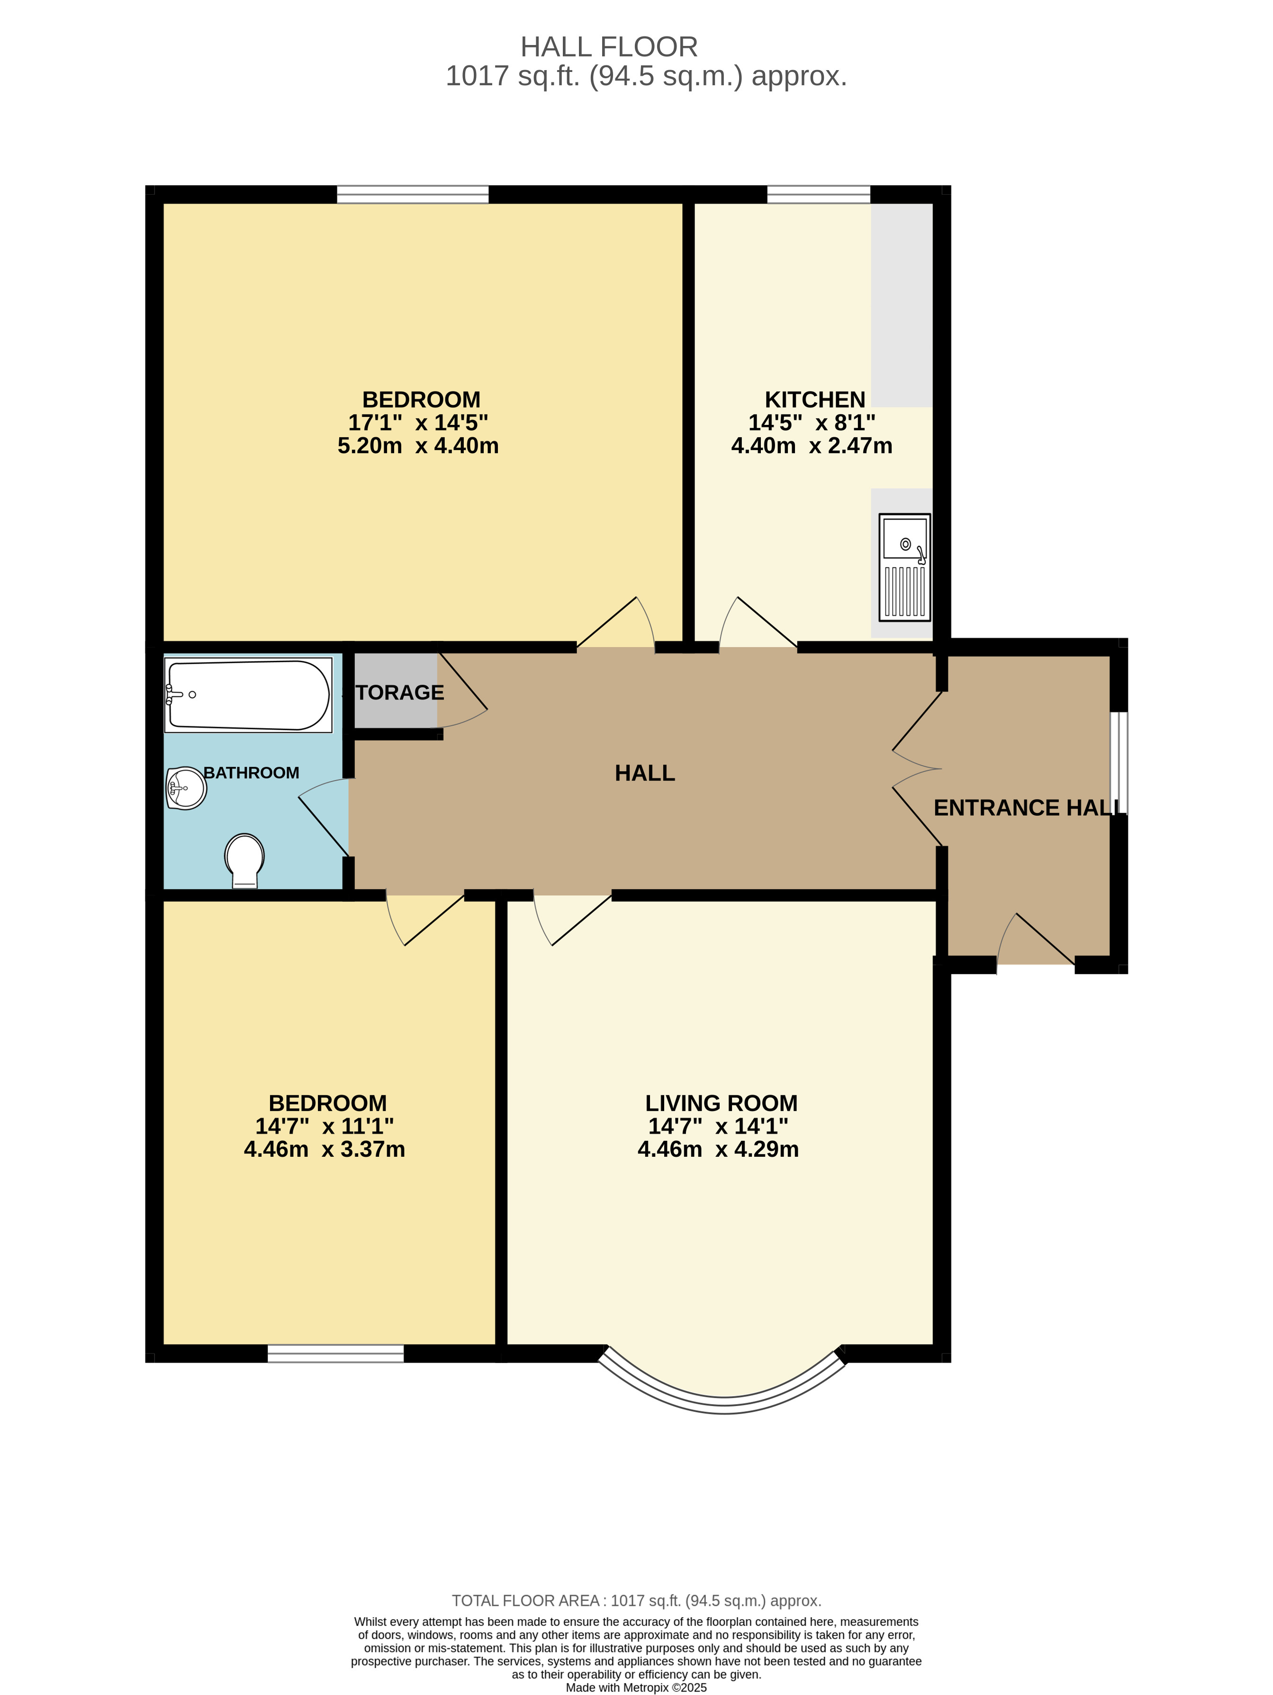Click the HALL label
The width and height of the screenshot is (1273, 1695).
click(644, 773)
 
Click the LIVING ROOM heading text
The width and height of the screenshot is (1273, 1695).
click(721, 1103)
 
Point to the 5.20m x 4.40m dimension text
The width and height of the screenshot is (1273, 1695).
click(418, 445)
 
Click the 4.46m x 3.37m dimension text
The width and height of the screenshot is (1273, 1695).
click(324, 1149)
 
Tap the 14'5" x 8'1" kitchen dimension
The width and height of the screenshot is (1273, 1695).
click(812, 422)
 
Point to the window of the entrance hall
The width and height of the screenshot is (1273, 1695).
click(1119, 762)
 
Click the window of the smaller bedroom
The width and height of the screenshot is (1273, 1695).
click(335, 1353)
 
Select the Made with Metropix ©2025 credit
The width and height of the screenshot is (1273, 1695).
click(636, 1686)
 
